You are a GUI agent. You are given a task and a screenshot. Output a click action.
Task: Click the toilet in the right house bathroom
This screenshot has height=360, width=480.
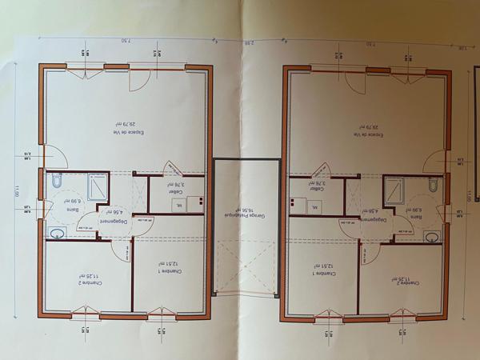pyautogui.click(x=431, y=186)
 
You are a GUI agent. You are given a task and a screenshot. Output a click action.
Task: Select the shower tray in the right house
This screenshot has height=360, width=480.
pyautogui.click(x=396, y=189)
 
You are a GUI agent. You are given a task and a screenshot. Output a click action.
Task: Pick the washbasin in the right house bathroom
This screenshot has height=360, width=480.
pyautogui.click(x=432, y=237)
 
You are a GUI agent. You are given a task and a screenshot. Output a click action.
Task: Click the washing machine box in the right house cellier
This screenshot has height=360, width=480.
pyautogui.click(x=315, y=208)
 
